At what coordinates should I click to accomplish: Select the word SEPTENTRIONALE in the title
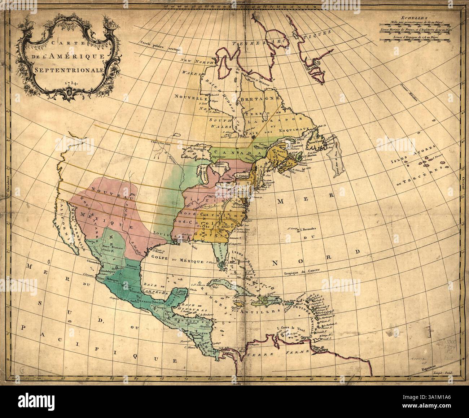68,69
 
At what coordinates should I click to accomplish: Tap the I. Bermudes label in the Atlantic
307,229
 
